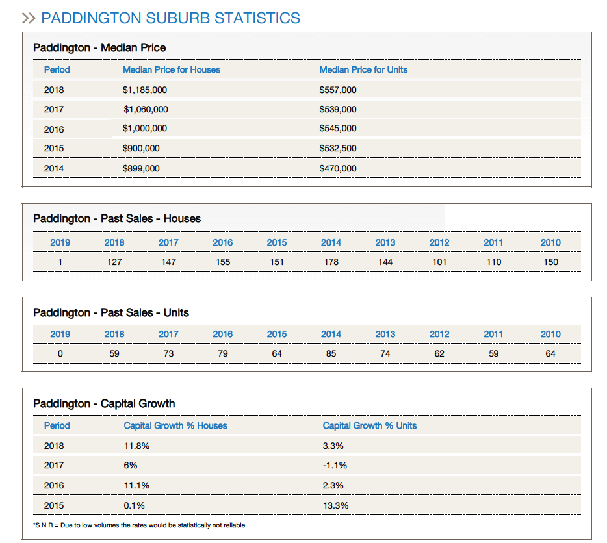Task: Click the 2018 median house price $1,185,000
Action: pyautogui.click(x=144, y=90)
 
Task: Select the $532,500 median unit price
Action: pyautogui.click(x=337, y=148)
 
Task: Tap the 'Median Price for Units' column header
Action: pyautogui.click(x=363, y=69)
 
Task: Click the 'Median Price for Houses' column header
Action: pyautogui.click(x=171, y=69)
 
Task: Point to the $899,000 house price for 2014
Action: pyautogui.click(x=141, y=168)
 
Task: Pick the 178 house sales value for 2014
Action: pyautogui.click(x=331, y=262)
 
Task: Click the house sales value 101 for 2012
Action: pyautogui.click(x=439, y=262)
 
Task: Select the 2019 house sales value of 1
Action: pyautogui.click(x=60, y=262)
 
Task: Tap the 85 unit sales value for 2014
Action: pyautogui.click(x=331, y=354)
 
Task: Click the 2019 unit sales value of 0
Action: pyautogui.click(x=60, y=354)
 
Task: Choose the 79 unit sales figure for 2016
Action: pyautogui.click(x=222, y=354)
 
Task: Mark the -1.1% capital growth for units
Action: pyautogui.click(x=335, y=465)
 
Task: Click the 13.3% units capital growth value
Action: pyautogui.click(x=336, y=505)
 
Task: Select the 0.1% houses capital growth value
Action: pyautogui.click(x=135, y=505)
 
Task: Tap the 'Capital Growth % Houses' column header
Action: pyautogui.click(x=175, y=425)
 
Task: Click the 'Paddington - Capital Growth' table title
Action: pyautogui.click(x=104, y=403)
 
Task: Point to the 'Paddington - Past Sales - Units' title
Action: pyautogui.click(x=111, y=312)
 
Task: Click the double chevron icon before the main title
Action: pyautogui.click(x=29, y=18)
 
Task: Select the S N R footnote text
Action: pyautogui.click(x=139, y=525)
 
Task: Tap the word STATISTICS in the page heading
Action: pyautogui.click(x=257, y=18)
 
